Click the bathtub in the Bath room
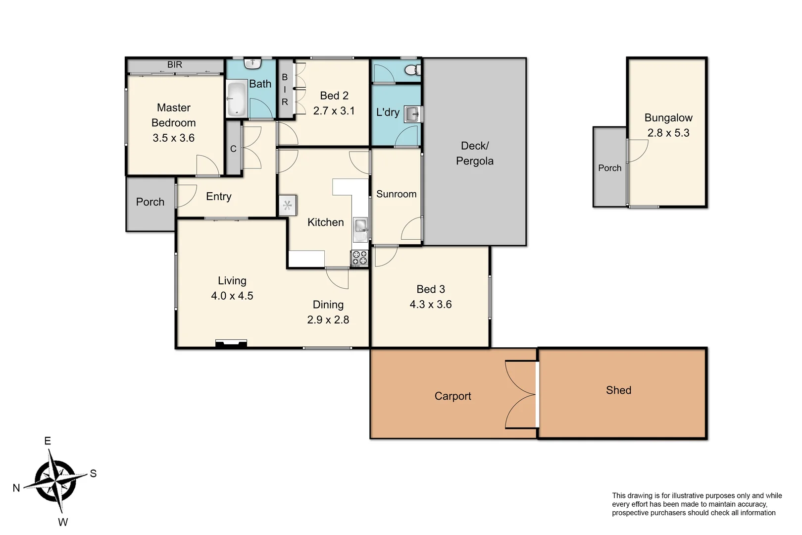(236, 99)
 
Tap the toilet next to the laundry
(412, 69)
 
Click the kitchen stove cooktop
(359, 258)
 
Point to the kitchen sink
(360, 226)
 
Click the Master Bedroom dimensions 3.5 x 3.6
(173, 138)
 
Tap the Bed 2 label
(334, 96)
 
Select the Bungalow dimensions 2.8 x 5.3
(668, 133)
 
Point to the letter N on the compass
(16, 488)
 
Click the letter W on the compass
(63, 522)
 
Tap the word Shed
(618, 390)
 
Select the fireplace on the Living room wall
(231, 344)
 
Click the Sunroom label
(396, 194)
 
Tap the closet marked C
(233, 149)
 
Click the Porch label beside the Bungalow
(609, 168)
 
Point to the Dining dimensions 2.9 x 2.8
(328, 320)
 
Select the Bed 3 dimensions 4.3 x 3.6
(430, 305)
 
